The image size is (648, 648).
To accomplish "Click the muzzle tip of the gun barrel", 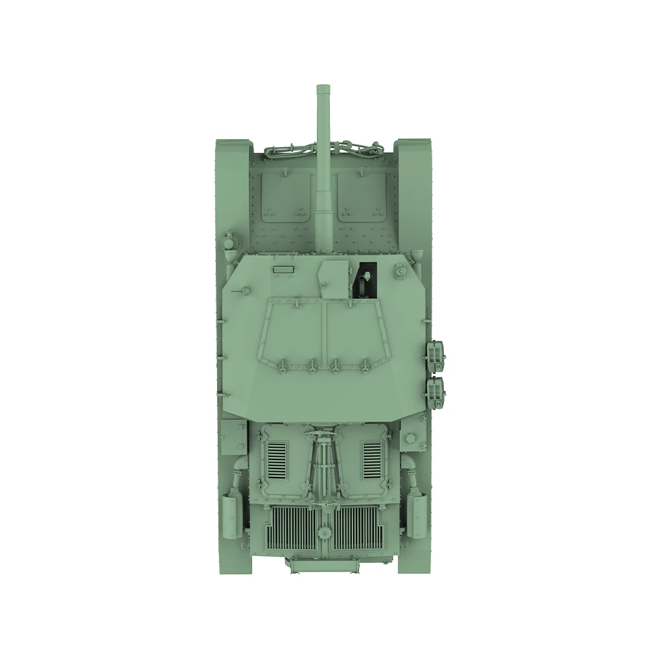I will [x=323, y=89].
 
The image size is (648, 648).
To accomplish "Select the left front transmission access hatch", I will [x=284, y=194].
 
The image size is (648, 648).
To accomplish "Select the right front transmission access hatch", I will [x=362, y=194].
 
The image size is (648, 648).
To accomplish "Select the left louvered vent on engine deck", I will [x=277, y=459].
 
